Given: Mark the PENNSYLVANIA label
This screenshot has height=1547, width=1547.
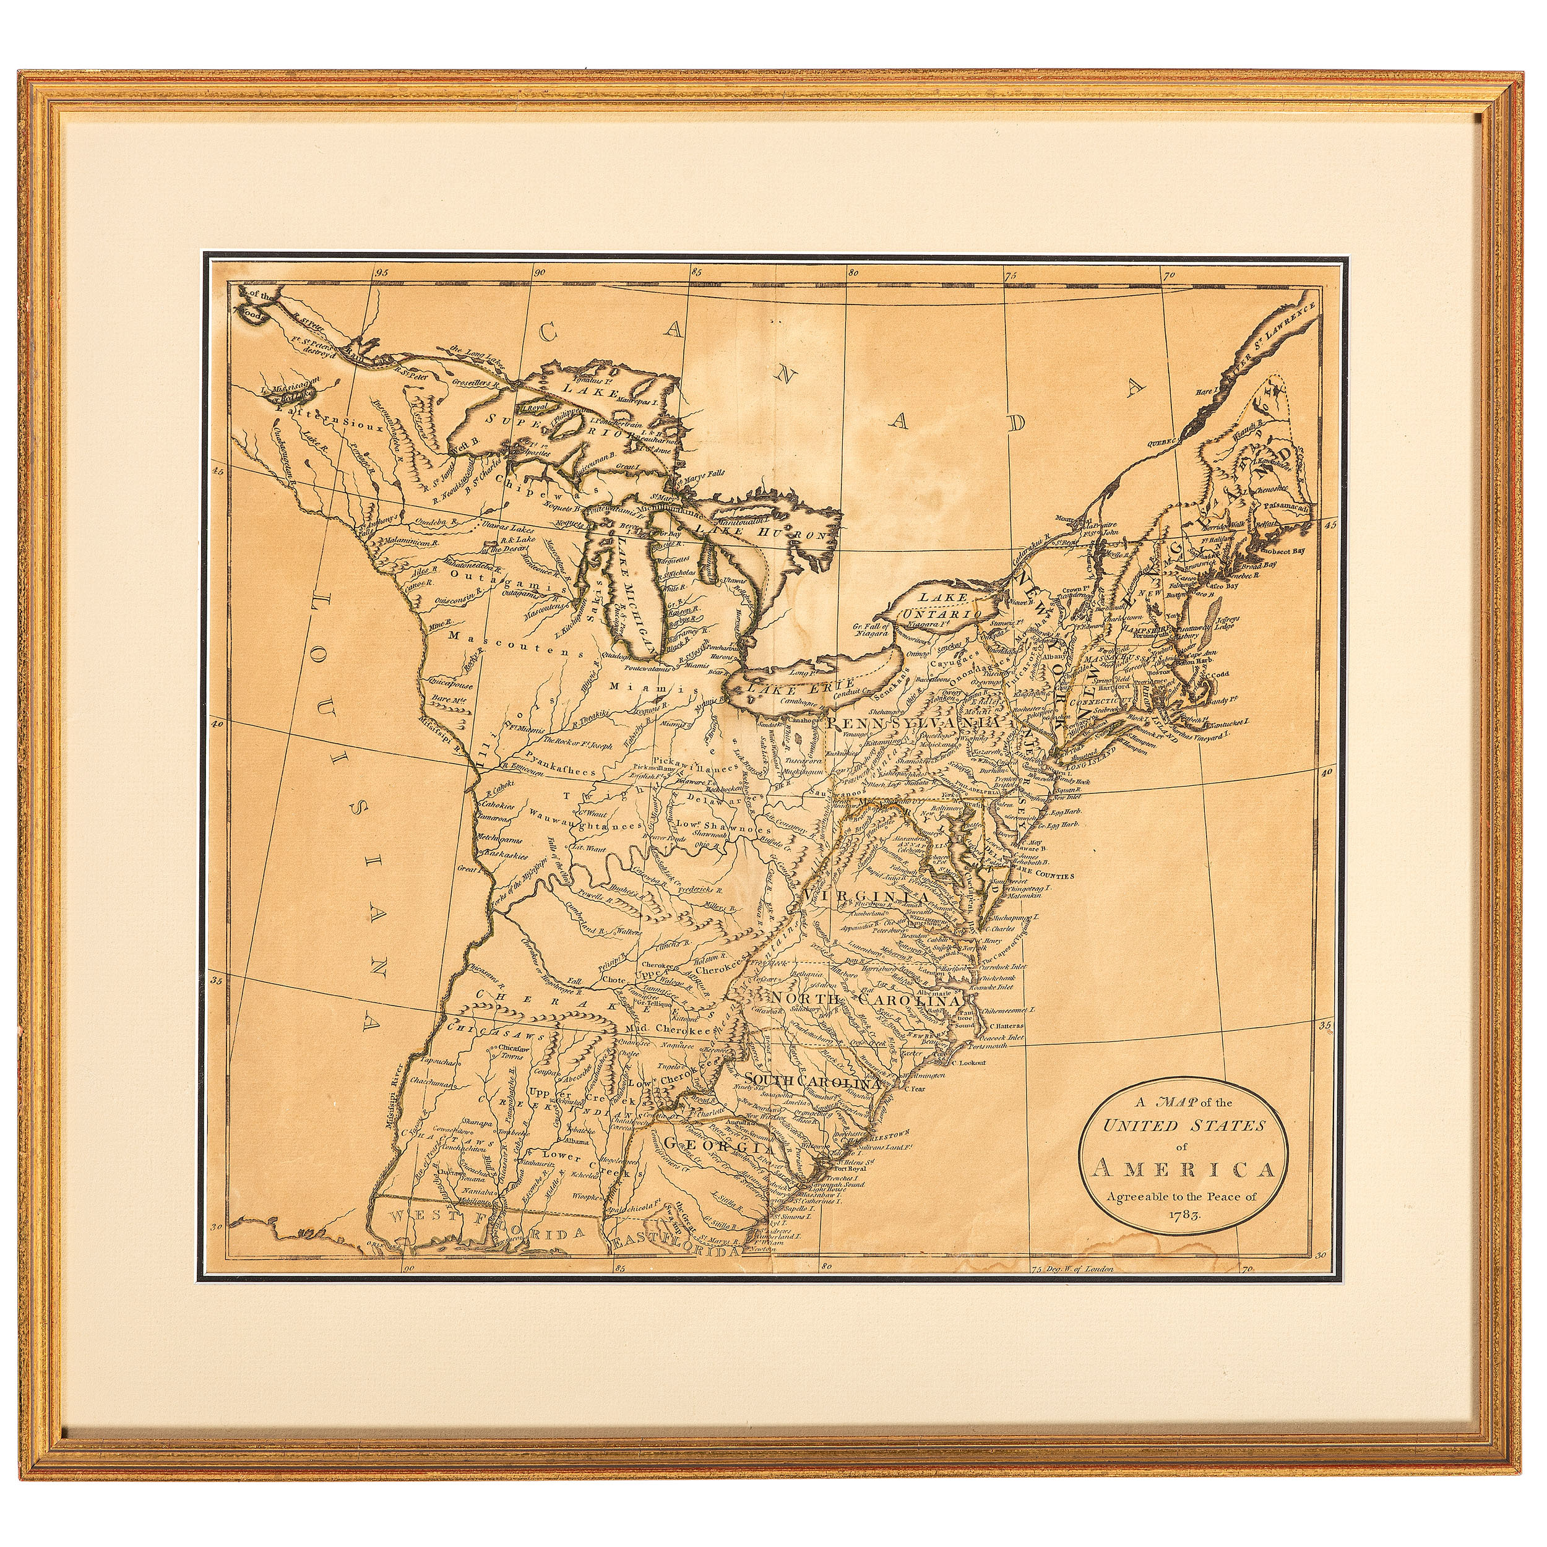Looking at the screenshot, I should [x=915, y=723].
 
